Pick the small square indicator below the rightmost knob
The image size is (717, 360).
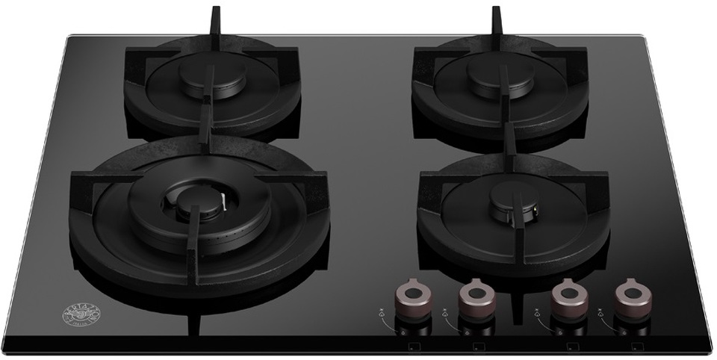[x=636, y=347]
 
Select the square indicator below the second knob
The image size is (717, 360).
[x=477, y=347]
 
